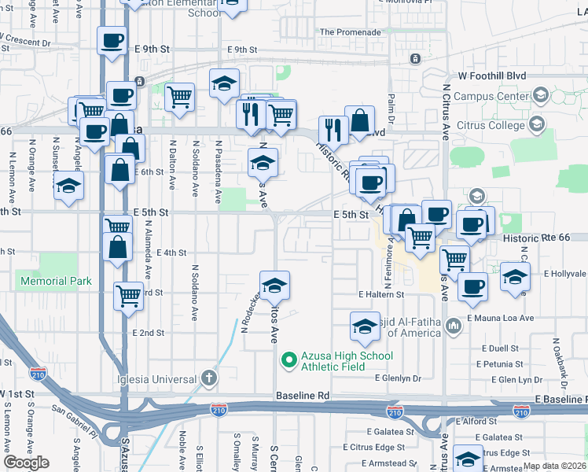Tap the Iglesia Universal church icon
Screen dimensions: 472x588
click(208, 378)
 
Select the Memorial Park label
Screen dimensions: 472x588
click(56, 281)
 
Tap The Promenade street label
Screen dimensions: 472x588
click(350, 33)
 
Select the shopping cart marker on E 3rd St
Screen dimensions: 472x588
click(128, 297)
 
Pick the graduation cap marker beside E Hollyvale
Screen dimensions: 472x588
click(515, 277)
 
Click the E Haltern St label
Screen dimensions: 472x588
click(380, 294)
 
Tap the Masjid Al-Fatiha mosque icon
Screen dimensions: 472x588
click(454, 326)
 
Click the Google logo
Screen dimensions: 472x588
click(26, 463)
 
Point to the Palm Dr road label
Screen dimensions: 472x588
click(391, 102)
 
